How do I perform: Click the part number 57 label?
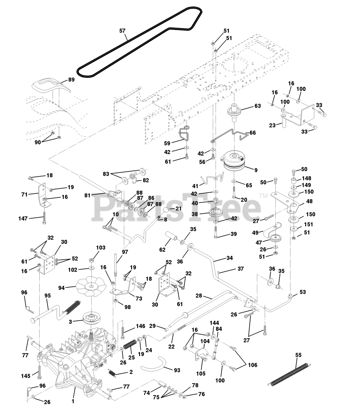[x=122, y=31]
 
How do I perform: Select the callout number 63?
[x=258, y=106]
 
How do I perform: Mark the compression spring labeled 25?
[x=129, y=345]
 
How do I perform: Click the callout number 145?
[x=26, y=376]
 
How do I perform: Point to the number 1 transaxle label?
[x=73, y=401]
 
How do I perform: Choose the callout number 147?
[x=24, y=219]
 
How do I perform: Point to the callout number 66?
[x=253, y=133]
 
